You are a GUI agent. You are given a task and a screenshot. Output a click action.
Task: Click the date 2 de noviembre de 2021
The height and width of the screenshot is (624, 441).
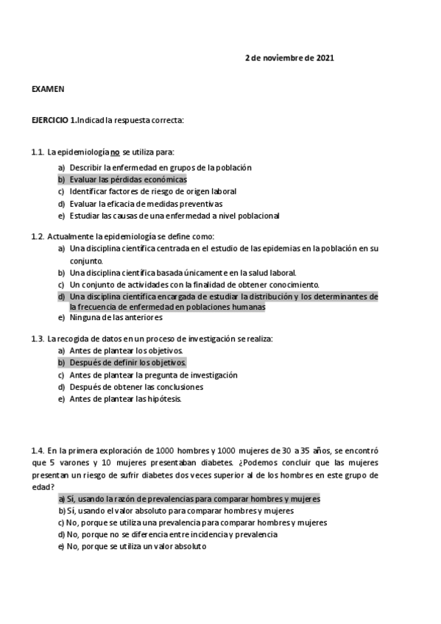coord(289,58)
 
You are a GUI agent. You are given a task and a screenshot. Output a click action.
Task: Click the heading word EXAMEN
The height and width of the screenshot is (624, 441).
coord(48,89)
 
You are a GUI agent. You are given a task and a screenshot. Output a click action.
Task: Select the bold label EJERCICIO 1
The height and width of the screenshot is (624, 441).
coord(54,119)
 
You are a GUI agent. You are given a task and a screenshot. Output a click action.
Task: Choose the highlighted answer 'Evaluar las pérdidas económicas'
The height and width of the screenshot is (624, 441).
coord(128,180)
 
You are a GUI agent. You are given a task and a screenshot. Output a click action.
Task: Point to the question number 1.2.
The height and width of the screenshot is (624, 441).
coord(38,236)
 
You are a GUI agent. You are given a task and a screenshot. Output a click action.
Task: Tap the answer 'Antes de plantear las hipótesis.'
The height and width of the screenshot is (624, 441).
coord(125,399)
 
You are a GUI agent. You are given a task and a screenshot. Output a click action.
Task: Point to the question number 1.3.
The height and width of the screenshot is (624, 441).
coord(38,338)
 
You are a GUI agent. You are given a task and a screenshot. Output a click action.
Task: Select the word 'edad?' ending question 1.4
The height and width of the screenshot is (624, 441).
coord(43,486)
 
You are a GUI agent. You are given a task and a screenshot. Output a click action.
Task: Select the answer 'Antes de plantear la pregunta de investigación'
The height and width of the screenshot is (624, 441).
coord(153,375)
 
